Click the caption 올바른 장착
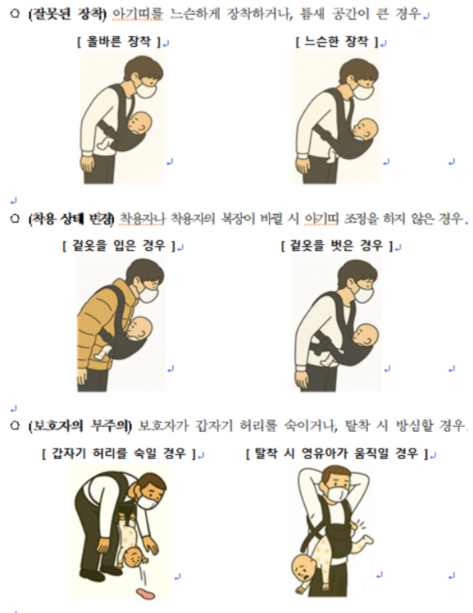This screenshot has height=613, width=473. point(120,43)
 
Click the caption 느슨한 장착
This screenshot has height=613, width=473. point(338,43)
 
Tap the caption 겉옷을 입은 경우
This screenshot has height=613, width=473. point(118,247)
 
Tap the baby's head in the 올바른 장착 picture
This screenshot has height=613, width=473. point(141,123)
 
